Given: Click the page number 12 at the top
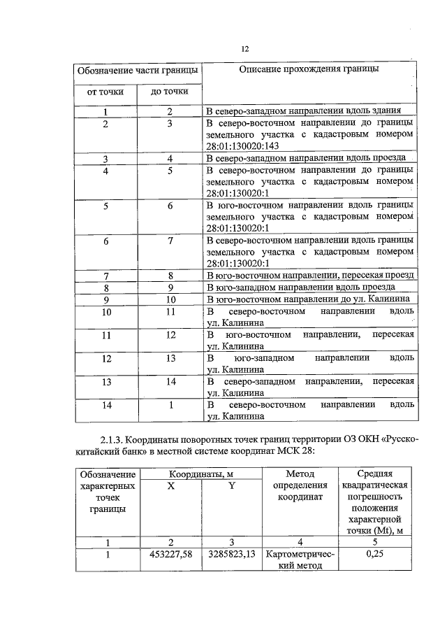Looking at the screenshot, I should (244, 48).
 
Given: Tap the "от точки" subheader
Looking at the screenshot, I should (105, 92).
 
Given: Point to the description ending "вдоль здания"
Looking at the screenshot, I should (304, 111).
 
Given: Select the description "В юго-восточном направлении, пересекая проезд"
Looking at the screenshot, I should (311, 276).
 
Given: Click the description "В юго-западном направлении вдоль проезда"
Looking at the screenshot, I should (302, 287).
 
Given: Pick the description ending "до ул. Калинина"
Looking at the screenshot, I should (307, 299).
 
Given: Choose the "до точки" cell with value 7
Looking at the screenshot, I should (169, 241).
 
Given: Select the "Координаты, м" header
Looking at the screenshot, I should (200, 475).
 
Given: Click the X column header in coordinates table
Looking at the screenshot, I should (170, 486).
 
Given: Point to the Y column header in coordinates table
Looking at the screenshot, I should (231, 486).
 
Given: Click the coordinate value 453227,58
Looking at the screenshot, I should (170, 555).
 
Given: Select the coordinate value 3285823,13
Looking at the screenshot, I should (231, 555).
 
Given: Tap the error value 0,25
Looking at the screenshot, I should (376, 555).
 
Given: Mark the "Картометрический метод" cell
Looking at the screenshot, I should (301, 560).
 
